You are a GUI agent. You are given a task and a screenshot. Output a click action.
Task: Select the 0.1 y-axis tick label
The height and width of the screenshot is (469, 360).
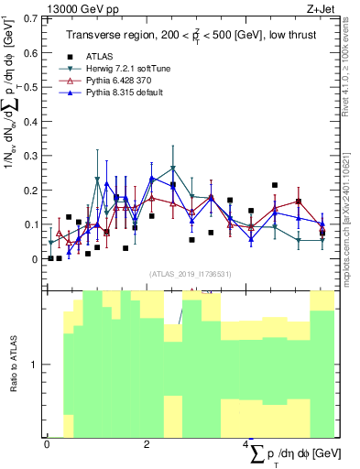33,224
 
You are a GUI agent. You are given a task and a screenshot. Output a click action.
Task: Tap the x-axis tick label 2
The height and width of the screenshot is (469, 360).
147,444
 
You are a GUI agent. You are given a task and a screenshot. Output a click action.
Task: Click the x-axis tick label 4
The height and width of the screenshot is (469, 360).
246,444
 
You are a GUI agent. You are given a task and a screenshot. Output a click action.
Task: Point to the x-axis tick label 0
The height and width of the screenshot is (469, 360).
47,444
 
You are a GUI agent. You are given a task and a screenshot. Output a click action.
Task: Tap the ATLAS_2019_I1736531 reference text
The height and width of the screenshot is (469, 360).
191,274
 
